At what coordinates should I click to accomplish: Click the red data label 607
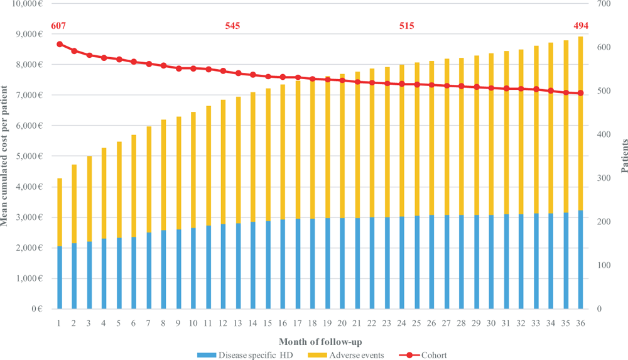pyautogui.click(x=59, y=26)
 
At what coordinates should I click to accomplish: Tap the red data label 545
pyautogui.click(x=232, y=26)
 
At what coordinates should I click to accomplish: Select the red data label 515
pyautogui.click(x=406, y=26)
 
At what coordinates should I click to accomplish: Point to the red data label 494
pyautogui.click(x=581, y=26)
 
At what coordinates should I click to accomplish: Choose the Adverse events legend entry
pyautogui.click(x=342, y=355)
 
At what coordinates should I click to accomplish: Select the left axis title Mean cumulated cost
pyautogui.click(x=6, y=156)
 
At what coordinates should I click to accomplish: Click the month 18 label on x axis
pyautogui.click(x=313, y=323)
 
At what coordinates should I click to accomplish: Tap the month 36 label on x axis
pyautogui.click(x=581, y=323)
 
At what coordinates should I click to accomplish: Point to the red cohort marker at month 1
pyautogui.click(x=60, y=44)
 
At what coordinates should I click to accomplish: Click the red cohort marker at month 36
pyautogui.click(x=581, y=93)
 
